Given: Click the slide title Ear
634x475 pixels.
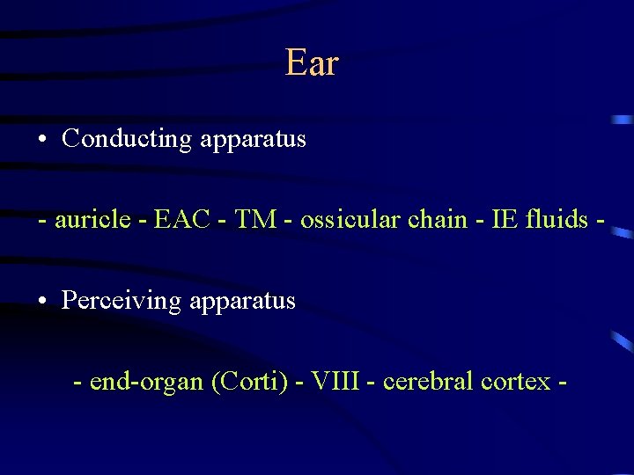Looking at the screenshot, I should point(312,63).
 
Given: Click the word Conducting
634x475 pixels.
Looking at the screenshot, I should point(127,139).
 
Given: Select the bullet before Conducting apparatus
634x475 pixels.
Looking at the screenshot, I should point(43,140).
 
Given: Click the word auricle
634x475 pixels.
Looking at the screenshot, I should point(91,219).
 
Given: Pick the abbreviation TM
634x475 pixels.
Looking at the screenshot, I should point(257,219).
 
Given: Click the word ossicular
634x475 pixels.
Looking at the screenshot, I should point(350,219).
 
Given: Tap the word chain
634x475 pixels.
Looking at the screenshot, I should point(438,219).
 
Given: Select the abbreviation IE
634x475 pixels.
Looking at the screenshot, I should point(495,219).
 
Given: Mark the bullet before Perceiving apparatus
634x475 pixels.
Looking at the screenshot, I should point(43,302).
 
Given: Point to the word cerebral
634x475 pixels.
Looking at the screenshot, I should point(427,382).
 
